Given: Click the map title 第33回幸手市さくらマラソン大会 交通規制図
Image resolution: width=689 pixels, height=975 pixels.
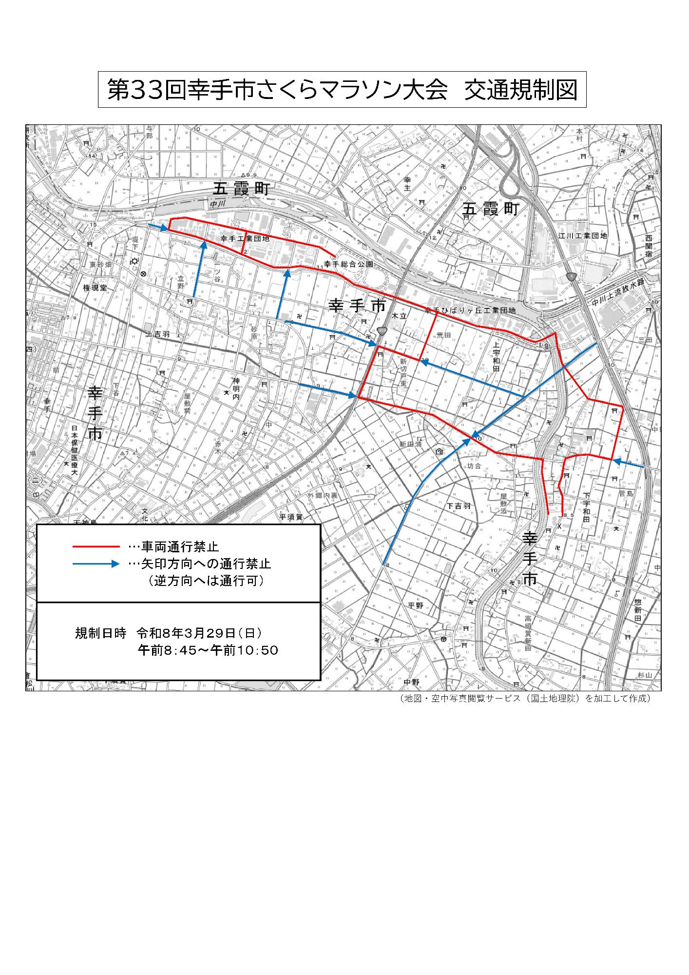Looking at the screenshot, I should [x=342, y=90].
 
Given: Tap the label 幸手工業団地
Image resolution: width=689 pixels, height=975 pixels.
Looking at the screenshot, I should [x=245, y=239].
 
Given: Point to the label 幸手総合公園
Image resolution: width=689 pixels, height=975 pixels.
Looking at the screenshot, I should [x=349, y=264].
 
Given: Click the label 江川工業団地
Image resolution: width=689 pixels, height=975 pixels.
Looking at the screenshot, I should [x=583, y=236].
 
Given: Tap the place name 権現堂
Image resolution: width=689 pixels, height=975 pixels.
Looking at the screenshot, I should [x=95, y=288].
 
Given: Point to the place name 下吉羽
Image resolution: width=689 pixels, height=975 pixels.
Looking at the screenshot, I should [x=459, y=506].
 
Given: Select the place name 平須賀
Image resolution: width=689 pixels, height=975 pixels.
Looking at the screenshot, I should [x=291, y=517].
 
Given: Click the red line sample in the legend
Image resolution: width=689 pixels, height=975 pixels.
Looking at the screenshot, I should [x=96, y=546].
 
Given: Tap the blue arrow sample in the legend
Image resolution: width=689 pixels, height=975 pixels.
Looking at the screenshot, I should [x=96, y=564].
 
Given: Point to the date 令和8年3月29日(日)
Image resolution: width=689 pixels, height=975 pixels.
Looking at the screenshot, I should [x=199, y=633].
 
